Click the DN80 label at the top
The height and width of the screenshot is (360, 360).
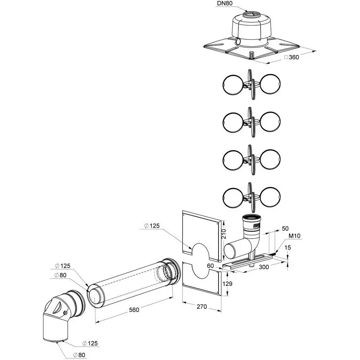point(225,4)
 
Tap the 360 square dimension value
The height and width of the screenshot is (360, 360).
point(294,57)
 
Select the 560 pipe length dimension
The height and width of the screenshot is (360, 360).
point(134,310)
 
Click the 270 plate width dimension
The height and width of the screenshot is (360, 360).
point(202,306)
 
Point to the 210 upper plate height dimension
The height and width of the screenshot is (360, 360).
point(224,234)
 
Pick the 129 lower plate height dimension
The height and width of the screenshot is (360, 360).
point(227,284)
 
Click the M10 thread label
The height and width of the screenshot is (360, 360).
point(294,236)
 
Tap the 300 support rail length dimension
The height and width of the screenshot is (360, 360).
point(264,267)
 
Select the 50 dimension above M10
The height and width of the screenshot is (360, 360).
point(285,229)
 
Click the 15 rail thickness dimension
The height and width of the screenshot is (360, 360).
point(287,247)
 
